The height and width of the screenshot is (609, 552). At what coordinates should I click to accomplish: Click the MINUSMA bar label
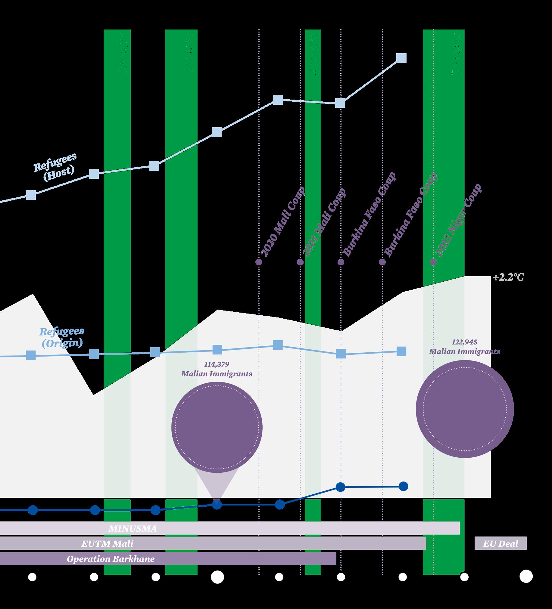tap(133, 529)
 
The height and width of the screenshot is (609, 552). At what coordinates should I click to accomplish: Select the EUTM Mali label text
tap(107, 544)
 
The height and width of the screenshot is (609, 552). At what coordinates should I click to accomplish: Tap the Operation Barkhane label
tap(111, 559)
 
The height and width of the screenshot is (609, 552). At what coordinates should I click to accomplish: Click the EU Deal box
tap(500, 544)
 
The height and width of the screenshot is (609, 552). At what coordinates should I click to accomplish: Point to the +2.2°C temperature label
tap(508, 278)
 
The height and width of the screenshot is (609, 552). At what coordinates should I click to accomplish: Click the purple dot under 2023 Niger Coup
tap(433, 262)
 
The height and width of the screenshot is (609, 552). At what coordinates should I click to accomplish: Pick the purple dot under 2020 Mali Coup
tap(259, 262)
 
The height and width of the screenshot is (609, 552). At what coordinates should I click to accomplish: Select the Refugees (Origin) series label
tap(62, 337)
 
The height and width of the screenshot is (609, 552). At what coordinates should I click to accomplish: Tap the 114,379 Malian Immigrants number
tap(217, 364)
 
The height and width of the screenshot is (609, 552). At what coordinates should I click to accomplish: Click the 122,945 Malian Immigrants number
tap(464, 342)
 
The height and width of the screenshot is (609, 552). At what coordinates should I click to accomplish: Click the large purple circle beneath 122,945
tap(465, 409)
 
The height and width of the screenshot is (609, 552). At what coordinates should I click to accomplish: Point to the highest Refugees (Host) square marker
tap(401, 58)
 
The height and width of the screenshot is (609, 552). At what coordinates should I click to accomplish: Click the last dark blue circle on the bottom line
tap(403, 486)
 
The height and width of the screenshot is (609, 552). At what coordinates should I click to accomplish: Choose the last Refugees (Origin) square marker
tap(401, 351)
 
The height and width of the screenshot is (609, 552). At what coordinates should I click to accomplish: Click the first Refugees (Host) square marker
tap(31, 195)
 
